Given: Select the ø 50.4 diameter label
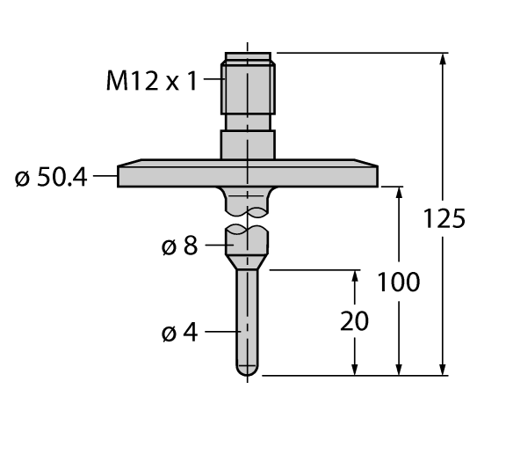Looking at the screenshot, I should click(52, 177).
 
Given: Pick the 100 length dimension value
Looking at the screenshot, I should click(399, 283).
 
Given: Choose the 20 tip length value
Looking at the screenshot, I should click(354, 321).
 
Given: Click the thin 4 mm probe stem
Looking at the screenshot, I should click(248, 317).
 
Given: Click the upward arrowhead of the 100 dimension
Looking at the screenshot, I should click(400, 193).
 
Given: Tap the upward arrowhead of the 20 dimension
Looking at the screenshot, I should click(355, 276).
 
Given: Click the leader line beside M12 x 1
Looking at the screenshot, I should click(213, 82).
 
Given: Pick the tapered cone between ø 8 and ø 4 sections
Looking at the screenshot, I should click(248, 261).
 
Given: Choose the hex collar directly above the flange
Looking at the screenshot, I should click(248, 144).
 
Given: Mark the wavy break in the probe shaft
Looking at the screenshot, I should click(248, 220).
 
